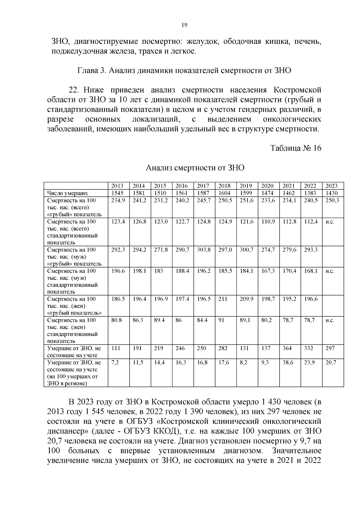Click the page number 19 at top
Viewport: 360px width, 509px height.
pos(184,25)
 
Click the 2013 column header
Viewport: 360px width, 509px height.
pos(117,186)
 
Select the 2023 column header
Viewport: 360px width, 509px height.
pos(331,186)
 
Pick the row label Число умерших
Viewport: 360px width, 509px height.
pos(67,193)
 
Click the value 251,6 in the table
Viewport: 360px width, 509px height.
pos(246,200)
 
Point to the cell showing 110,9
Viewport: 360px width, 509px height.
pos(268,222)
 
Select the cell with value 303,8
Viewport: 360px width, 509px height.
pos(204,250)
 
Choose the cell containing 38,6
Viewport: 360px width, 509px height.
pos(288,362)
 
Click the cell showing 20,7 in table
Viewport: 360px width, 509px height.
pos(331,362)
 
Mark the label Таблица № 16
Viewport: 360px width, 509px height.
pos(296,148)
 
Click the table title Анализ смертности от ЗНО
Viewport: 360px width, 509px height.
pos(195,168)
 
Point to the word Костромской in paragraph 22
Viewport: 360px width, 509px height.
pos(297,90)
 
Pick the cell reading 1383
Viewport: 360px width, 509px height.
pos(310,193)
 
